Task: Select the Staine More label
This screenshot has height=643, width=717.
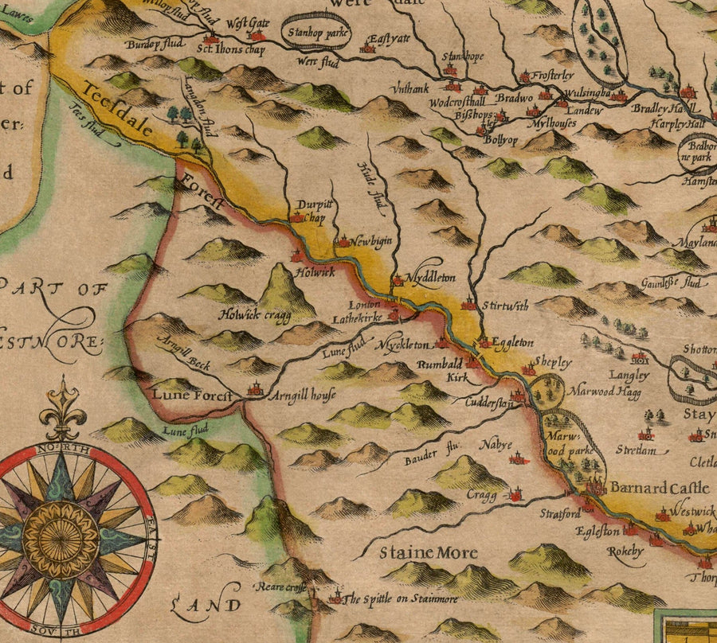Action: tap(428, 552)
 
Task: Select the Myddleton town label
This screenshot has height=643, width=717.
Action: tap(430, 278)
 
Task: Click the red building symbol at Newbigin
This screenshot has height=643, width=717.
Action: tap(343, 240)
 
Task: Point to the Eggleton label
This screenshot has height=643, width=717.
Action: tap(512, 342)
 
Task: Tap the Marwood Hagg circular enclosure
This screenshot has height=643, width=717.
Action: tap(547, 391)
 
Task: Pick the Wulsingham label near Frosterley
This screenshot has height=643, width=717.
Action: tap(586, 93)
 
